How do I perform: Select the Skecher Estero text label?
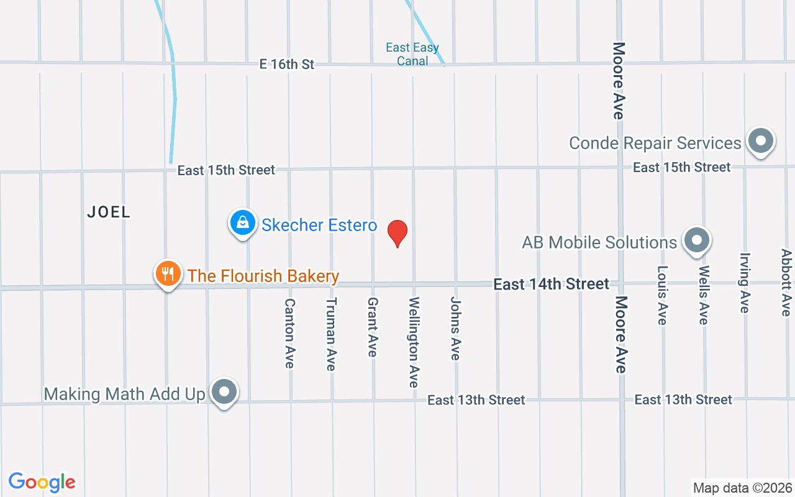(319, 225)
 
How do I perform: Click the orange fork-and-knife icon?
(167, 273)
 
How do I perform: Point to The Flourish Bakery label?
(263, 276)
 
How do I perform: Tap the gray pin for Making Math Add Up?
(224, 392)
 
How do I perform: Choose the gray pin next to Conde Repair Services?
(760, 140)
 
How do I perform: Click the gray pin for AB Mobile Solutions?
(696, 240)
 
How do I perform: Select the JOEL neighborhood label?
(109, 212)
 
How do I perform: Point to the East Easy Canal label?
(412, 54)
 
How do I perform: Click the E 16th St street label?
(287, 64)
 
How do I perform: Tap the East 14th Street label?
(551, 284)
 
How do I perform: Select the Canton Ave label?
(289, 333)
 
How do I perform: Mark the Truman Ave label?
(331, 334)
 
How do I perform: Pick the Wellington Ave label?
(414, 342)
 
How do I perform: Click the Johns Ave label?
(455, 328)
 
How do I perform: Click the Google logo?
(42, 482)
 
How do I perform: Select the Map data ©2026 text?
(743, 488)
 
